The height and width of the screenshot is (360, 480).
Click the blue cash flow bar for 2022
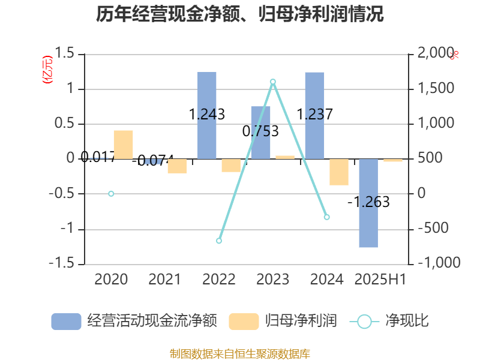click(x=207, y=115)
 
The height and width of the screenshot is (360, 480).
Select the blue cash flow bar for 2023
click(x=260, y=133)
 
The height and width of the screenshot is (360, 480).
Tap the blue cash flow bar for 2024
click(x=314, y=115)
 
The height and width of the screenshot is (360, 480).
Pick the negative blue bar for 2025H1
click(x=368, y=203)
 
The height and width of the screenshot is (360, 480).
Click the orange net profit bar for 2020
click(x=123, y=145)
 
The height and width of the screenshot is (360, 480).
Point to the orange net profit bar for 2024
click(x=338, y=172)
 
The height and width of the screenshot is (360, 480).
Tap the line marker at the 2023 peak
click(x=273, y=82)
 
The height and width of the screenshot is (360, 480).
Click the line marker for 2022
click(x=219, y=241)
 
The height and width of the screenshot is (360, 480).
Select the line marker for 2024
click(x=327, y=217)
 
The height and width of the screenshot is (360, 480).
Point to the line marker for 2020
click(x=111, y=194)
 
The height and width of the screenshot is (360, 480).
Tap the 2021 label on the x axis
click(x=164, y=280)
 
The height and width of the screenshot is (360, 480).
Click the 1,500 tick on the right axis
click(x=436, y=89)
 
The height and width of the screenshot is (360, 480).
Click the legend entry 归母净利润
click(x=283, y=321)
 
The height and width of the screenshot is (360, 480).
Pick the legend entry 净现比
click(x=390, y=321)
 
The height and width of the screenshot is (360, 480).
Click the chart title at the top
click(x=240, y=14)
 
